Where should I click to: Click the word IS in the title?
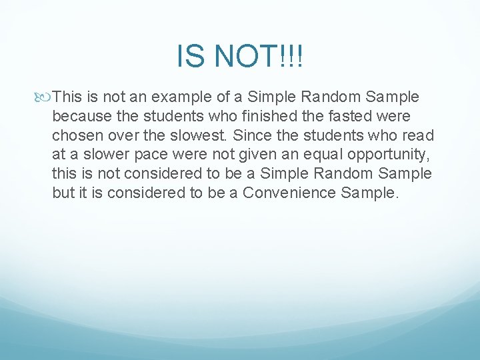coord(188,57)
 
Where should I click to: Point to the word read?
coord(419,136)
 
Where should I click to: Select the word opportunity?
coord(388,155)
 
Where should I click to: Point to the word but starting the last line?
coord(63,193)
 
